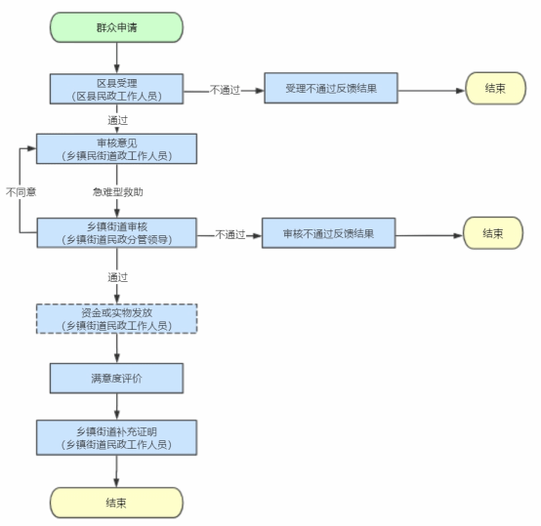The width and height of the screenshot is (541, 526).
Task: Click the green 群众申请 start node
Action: [x=116, y=27]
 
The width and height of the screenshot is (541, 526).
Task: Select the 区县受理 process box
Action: [x=116, y=89]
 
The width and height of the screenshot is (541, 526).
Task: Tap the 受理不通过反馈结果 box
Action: [x=331, y=88]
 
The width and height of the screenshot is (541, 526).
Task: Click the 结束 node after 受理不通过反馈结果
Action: [x=496, y=88]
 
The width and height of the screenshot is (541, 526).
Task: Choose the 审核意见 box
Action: [x=116, y=148]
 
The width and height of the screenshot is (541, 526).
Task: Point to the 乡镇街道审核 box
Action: [x=116, y=232]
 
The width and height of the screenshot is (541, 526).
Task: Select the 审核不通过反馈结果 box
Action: [x=328, y=233]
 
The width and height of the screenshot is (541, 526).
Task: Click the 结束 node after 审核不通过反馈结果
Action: [x=493, y=233]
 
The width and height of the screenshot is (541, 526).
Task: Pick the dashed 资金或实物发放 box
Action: [x=116, y=318]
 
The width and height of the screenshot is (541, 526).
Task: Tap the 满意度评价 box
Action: [x=116, y=378]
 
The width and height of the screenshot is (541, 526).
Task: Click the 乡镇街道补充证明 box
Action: [x=116, y=437]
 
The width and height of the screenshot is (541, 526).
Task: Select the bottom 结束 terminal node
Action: [x=116, y=503]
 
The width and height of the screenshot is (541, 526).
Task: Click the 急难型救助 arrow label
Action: [x=117, y=192]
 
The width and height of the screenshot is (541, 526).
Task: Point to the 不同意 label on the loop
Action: [x=21, y=191]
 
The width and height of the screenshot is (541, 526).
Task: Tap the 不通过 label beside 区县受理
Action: [x=225, y=90]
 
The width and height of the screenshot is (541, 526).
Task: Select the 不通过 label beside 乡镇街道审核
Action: [x=230, y=235]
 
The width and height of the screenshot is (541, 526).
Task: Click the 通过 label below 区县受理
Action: [x=117, y=120]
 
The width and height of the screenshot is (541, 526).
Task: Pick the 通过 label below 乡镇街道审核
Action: [x=117, y=277]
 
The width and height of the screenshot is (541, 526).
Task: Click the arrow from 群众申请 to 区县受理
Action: [x=116, y=58]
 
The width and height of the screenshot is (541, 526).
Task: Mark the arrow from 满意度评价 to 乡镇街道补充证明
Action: [x=116, y=406]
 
